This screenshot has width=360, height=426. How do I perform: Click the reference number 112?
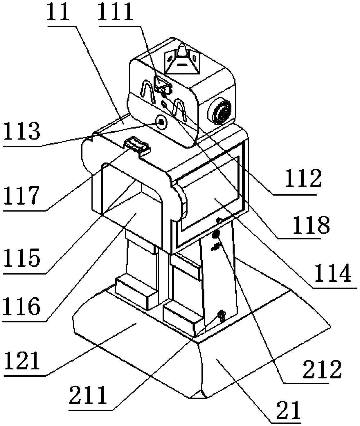tap(303, 179)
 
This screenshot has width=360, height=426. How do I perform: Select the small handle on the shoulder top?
tap(137, 145)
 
